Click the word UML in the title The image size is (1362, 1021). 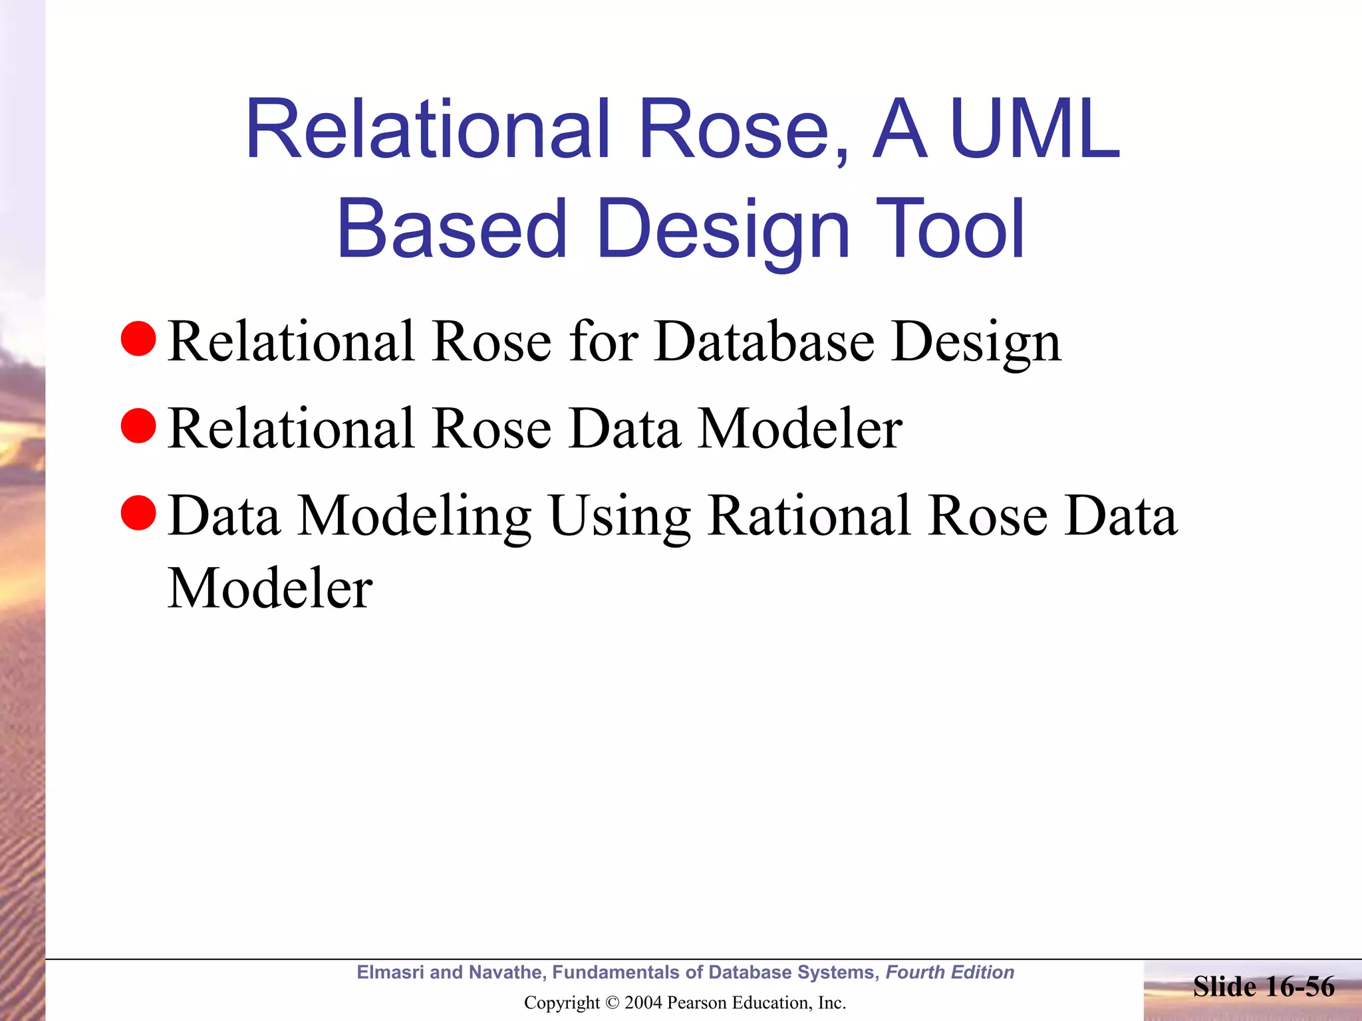(x=1035, y=130)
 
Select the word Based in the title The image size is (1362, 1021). (x=452, y=229)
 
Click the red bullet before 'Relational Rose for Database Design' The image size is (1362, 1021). (x=138, y=338)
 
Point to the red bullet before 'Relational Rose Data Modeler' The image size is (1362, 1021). (x=138, y=425)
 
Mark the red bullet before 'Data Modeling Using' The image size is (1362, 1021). (x=138, y=513)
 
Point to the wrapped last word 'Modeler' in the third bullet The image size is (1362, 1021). (x=270, y=588)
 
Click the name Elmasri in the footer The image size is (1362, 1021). (x=390, y=972)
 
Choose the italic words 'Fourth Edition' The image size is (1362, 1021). (x=950, y=972)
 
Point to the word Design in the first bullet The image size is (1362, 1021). (x=976, y=342)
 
